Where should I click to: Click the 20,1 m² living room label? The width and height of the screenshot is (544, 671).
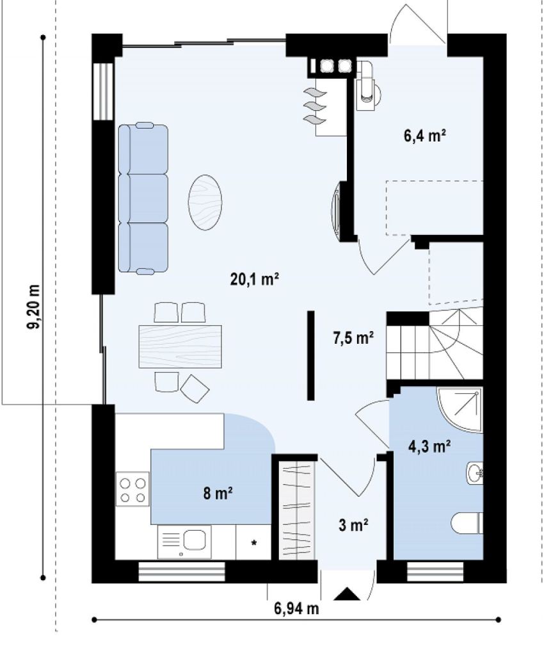(255, 279)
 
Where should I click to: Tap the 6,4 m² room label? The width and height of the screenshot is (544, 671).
(425, 136)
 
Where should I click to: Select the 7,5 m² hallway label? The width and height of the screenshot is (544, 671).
(353, 337)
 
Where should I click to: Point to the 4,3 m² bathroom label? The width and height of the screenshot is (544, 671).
(429, 447)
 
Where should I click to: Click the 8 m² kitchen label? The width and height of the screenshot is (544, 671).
(218, 494)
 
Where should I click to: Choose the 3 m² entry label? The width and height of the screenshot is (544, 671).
(354, 524)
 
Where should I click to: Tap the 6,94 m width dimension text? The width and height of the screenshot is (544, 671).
(296, 608)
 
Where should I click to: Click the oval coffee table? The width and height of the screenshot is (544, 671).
(205, 202)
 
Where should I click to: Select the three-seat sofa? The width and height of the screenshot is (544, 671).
(143, 198)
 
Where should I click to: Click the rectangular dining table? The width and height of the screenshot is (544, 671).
(180, 346)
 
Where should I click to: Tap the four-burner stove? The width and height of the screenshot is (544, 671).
(132, 490)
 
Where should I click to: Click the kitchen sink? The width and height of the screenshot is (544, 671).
(194, 539)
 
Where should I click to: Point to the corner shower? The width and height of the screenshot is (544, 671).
(460, 410)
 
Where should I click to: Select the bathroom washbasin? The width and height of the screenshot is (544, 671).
(475, 473)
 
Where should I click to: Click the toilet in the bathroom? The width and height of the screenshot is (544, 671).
(467, 523)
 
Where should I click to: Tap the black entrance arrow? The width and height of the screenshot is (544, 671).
(347, 594)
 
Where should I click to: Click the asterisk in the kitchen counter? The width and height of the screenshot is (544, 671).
(253, 544)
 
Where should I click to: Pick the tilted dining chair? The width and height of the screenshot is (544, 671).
(195, 389)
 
